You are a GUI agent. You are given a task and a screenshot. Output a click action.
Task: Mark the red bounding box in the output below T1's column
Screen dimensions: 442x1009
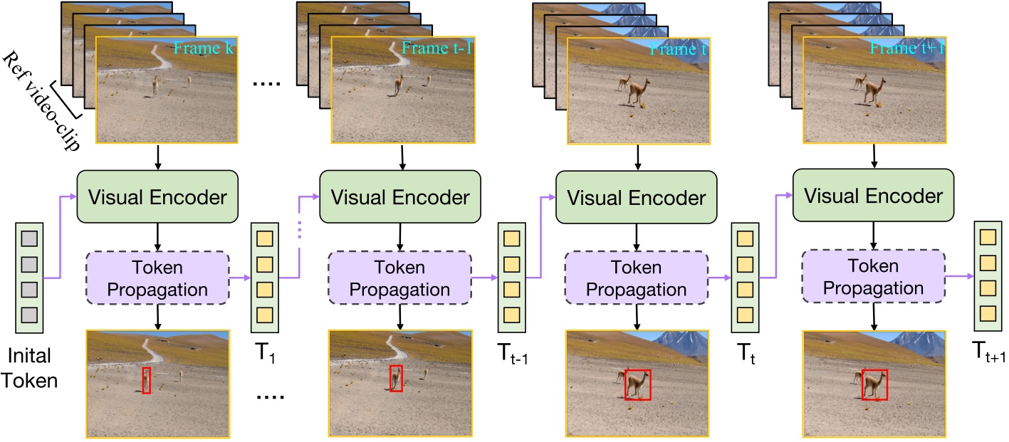pyautogui.click(x=146, y=379)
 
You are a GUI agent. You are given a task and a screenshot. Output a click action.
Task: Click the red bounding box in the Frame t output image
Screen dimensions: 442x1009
pyautogui.click(x=637, y=384)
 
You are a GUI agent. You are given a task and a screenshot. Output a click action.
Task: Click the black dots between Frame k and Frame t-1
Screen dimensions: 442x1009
pyautogui.click(x=268, y=84)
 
